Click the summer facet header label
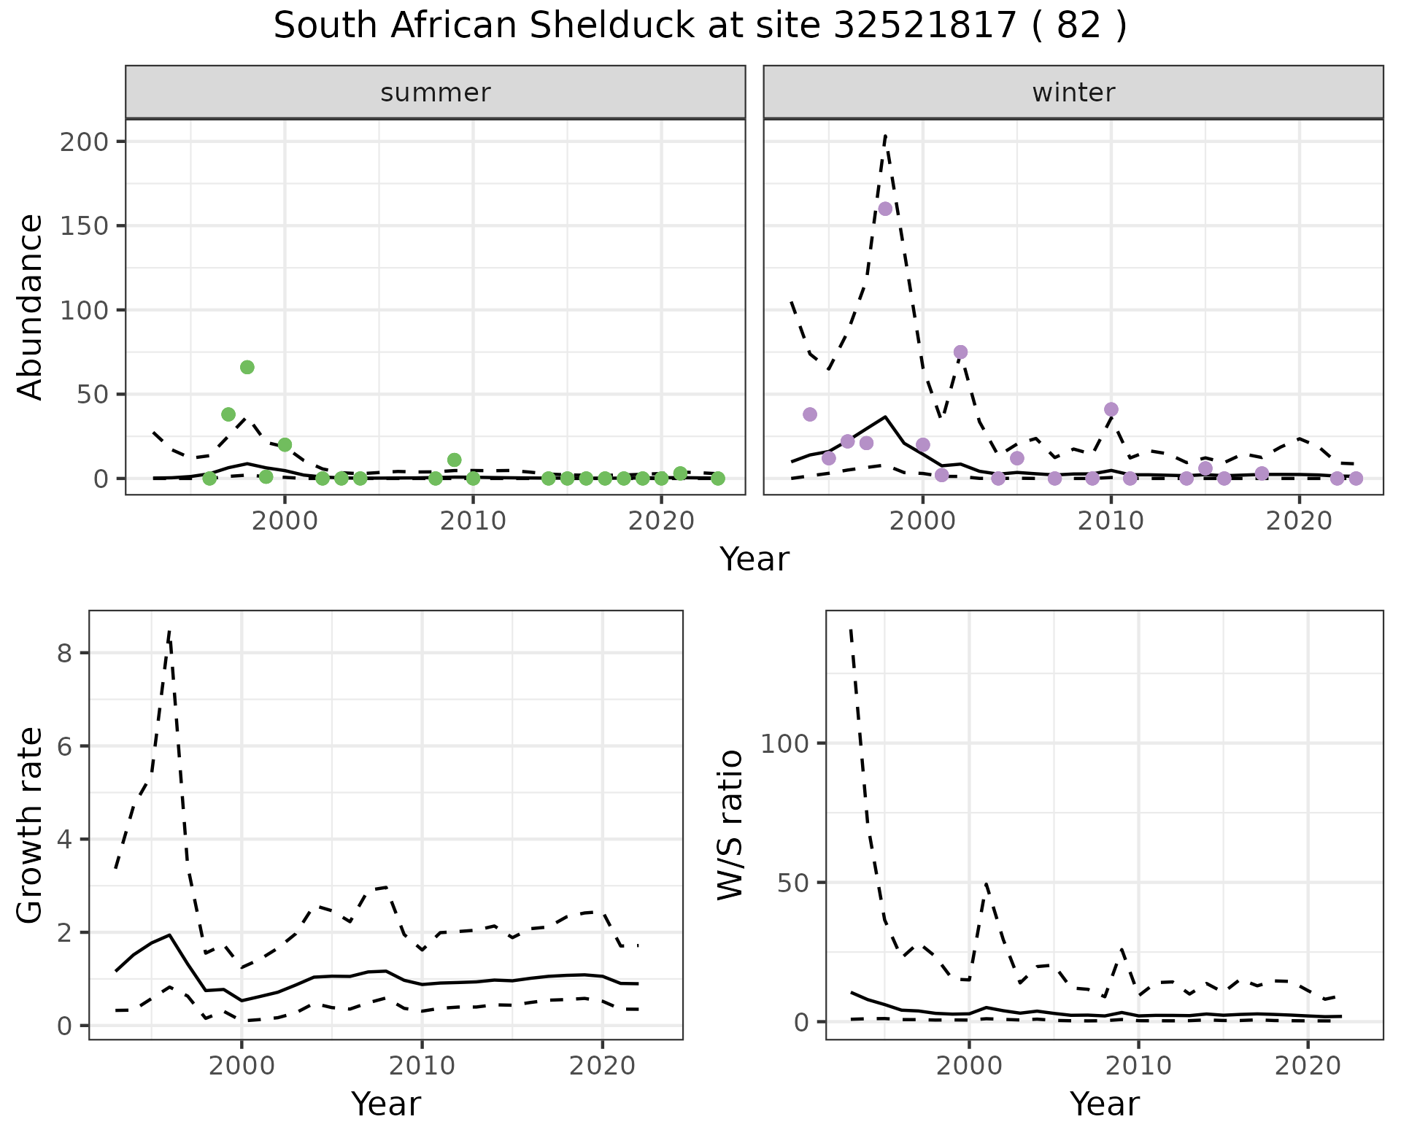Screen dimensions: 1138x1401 [x=436, y=93]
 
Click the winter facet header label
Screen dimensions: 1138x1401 [x=1073, y=93]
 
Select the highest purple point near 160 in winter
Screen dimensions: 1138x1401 [x=885, y=209]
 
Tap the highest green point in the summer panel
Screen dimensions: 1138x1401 [x=247, y=367]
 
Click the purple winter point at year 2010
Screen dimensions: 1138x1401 [x=1111, y=409]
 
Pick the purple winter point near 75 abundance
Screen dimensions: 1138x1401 [x=960, y=352]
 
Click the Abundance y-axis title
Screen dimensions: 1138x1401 [x=31, y=306]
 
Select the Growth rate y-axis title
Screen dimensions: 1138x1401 [x=31, y=825]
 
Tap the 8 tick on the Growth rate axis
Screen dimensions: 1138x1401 [x=64, y=653]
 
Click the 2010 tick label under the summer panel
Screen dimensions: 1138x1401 [x=473, y=521]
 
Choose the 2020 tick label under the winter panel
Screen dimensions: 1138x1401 [x=1299, y=521]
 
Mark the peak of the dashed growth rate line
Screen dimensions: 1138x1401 [x=169, y=632]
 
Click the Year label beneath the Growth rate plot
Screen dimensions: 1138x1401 [x=386, y=1104]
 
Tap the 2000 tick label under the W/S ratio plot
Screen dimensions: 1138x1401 [x=968, y=1066]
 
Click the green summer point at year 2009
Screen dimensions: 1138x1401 [x=454, y=460]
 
